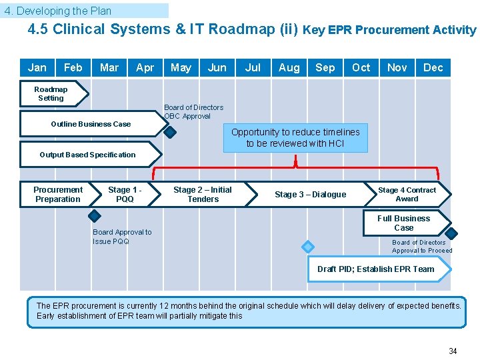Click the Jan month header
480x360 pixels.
coord(37,67)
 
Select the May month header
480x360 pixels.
coord(181,67)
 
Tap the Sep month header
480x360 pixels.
coord(325,67)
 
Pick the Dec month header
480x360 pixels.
coord(433,67)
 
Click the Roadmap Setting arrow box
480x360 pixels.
coord(52,94)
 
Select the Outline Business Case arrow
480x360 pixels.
coord(91,124)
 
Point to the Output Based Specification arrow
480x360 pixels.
coord(88,155)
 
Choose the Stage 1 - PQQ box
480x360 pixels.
coord(125,195)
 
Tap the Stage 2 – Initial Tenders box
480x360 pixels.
coord(203,195)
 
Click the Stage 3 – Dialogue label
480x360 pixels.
coord(311,195)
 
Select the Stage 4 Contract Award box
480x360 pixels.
coord(407,195)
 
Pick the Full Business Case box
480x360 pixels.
coord(404,223)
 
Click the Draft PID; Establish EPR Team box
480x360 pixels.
coord(376,269)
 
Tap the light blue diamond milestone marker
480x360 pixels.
coord(307,247)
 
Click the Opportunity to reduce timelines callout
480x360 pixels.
coord(295,137)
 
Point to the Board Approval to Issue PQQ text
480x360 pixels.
coord(122,237)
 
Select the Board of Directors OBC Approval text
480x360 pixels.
coord(193,111)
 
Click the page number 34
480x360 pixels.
coord(453,351)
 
